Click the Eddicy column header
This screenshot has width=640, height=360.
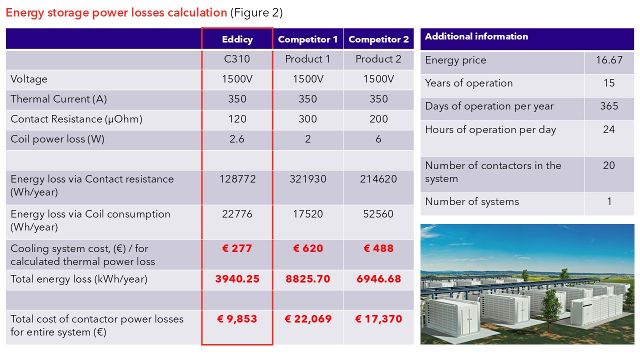point(237,39)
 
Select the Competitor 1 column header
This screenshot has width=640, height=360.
point(307,39)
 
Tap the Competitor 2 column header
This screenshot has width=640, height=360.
point(378,39)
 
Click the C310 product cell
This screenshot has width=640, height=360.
point(237,59)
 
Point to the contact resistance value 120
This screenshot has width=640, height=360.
point(237,119)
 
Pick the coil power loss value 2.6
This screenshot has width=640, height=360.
point(237,139)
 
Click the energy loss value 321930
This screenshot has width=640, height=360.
point(307,179)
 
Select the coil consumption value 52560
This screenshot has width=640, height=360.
point(378,214)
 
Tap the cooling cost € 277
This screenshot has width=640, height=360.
point(237,248)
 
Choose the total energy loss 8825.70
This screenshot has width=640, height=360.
point(308,279)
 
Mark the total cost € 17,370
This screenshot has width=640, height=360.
point(378,319)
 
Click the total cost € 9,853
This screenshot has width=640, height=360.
point(237,319)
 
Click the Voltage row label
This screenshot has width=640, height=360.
point(29,79)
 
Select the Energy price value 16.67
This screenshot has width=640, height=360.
point(609,60)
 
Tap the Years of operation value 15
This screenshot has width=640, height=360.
point(609,83)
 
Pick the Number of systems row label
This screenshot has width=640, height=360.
point(472,202)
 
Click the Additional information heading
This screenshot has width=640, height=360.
point(476,36)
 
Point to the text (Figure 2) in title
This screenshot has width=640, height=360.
point(256,13)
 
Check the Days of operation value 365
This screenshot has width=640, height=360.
point(609,106)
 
